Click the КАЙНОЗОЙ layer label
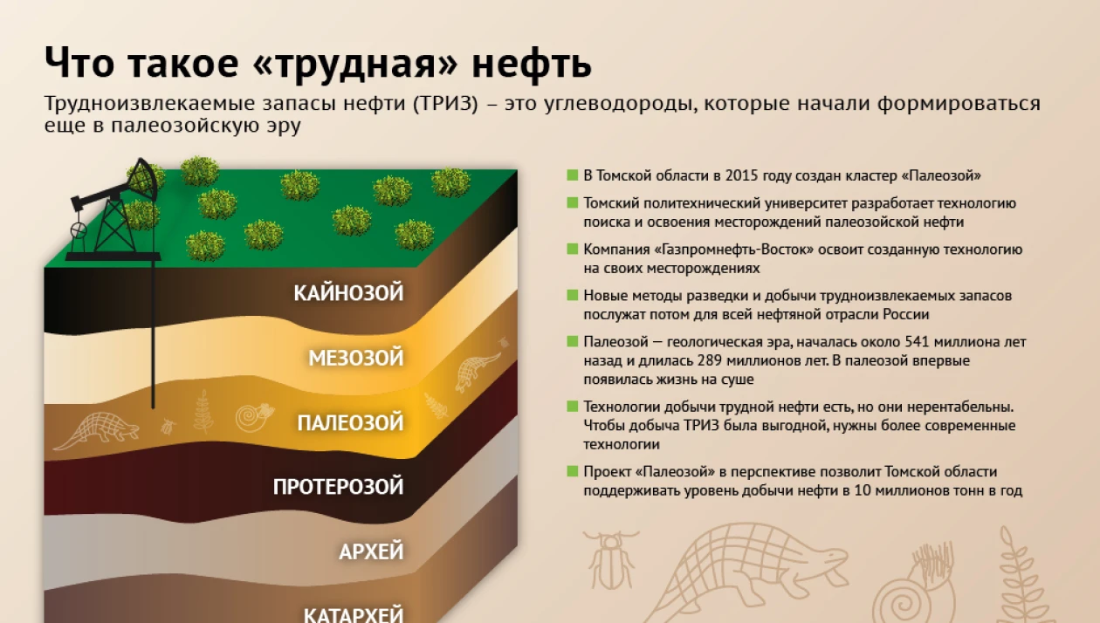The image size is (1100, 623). pos(348,293)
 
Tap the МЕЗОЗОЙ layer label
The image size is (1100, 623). pos(356,358)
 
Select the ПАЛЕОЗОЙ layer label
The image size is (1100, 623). pos(351,422)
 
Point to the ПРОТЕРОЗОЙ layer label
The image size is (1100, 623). pos(339,487)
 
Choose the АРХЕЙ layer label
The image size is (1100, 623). pos(371,551)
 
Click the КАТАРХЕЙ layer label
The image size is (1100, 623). pos(354,614)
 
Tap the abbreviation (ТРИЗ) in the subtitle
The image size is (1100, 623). pos(445,104)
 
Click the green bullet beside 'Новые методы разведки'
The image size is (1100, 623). pos(572,295)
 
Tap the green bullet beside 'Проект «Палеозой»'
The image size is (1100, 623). pos(572,471)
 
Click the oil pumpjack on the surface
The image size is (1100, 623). pos(116,211)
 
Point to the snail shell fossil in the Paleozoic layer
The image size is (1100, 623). pos(253,417)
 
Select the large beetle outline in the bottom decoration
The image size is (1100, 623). pos(610,559)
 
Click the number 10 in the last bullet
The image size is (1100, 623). pos(863,490)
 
